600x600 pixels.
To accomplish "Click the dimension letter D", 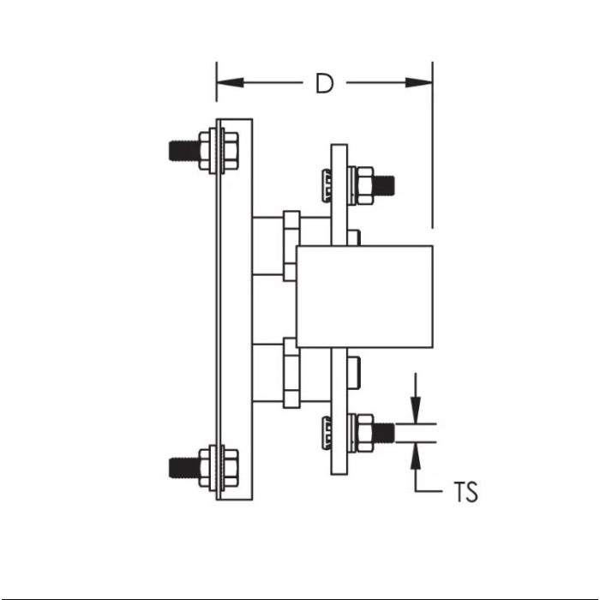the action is (x=325, y=83).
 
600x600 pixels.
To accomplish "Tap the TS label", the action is (x=465, y=492).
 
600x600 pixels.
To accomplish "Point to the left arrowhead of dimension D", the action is (x=230, y=82).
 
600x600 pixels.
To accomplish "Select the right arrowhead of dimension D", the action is (x=419, y=82).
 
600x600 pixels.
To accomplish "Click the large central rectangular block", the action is (x=364, y=297).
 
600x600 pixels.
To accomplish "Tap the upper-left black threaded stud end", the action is (x=184, y=150).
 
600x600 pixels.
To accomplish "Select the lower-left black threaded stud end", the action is (x=184, y=468).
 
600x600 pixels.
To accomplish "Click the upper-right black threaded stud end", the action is (x=384, y=185).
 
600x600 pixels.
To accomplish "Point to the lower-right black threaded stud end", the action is (x=384, y=433).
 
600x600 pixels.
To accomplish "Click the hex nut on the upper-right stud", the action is (x=364, y=185).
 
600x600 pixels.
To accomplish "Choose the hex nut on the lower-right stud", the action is (x=364, y=433).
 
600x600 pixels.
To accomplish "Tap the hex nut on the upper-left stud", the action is (x=231, y=150).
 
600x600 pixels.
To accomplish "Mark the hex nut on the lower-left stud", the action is (x=231, y=468).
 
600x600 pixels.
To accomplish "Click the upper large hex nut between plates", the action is (x=291, y=246).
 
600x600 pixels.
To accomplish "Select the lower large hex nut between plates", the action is (x=291, y=373).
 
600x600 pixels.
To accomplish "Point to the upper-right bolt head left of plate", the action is (x=326, y=185).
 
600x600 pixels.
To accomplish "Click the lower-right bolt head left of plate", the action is (x=326, y=433).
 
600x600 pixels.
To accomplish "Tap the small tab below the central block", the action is (x=353, y=372).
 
